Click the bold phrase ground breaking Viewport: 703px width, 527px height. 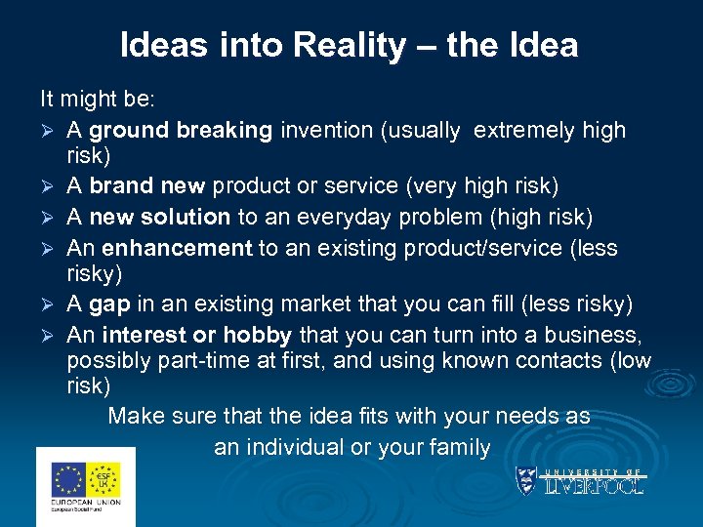point(181,130)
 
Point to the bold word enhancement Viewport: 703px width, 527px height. point(177,248)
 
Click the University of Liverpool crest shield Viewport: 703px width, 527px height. point(527,479)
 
